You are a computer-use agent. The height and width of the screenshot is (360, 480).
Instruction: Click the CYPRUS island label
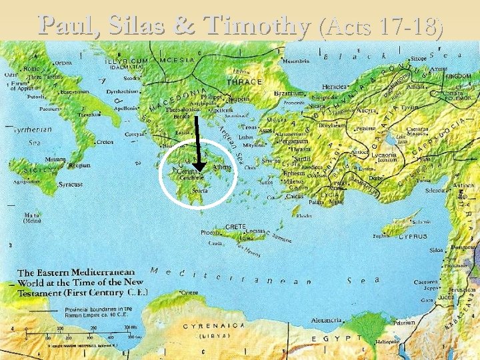[x=412, y=235]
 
